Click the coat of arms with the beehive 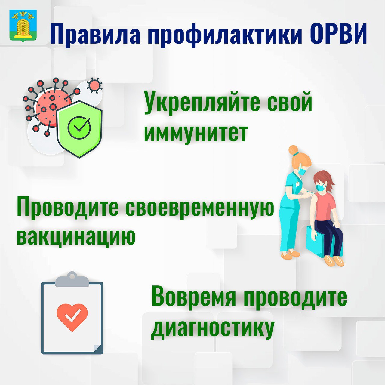(x=23, y=26)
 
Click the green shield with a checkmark (x=79, y=129)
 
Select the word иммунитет (x=196, y=133)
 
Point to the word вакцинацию (x=76, y=236)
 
